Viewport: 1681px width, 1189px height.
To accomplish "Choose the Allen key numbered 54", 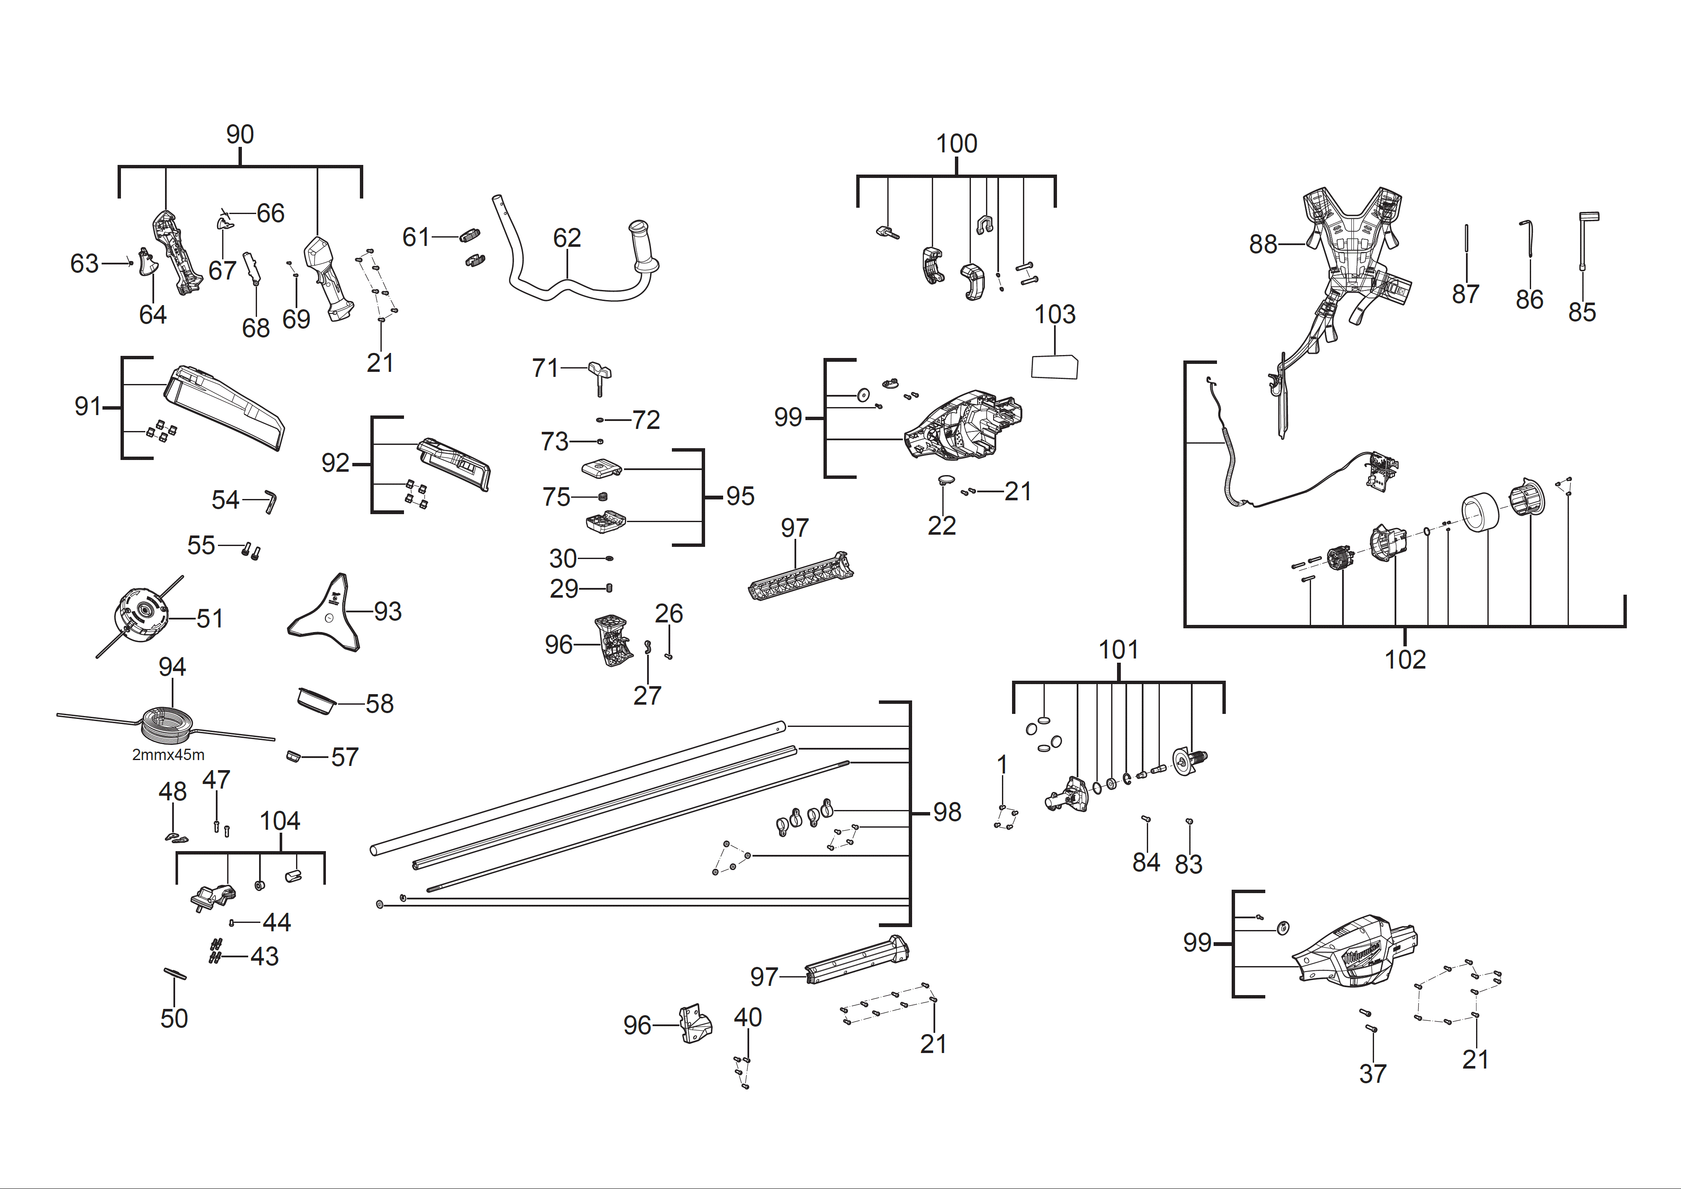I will click(x=270, y=502).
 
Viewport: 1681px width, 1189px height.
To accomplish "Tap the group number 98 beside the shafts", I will click(x=947, y=812).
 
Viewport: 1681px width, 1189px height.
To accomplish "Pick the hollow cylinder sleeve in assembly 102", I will click(x=1479, y=512).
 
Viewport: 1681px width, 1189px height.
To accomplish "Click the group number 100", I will click(x=957, y=144).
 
